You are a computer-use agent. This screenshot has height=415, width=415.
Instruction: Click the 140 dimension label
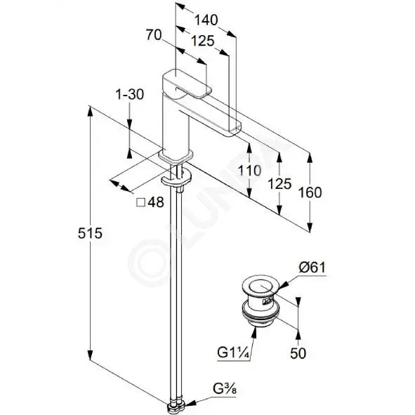[x=206, y=20]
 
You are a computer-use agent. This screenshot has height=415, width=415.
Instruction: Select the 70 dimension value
[x=154, y=35]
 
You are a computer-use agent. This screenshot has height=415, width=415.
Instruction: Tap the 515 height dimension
[x=90, y=233]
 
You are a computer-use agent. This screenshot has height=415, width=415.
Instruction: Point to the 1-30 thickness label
[x=130, y=95]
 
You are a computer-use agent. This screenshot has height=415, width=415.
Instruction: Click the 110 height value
[x=249, y=171]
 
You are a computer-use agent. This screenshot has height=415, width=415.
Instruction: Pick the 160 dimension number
[x=310, y=192]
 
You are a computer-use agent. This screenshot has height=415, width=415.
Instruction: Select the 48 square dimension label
[x=156, y=202]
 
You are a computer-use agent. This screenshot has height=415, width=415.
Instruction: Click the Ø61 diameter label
[x=312, y=268]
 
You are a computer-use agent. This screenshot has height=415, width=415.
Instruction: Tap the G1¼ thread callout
[x=233, y=353]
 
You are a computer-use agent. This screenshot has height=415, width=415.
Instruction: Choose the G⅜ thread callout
[x=225, y=389]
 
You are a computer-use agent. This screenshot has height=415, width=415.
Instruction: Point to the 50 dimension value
[x=298, y=353]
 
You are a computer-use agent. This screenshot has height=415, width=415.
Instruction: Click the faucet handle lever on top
[x=187, y=84]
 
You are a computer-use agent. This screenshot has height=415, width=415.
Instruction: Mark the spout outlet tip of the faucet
[x=235, y=130]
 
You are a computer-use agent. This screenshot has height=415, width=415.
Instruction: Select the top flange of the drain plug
[x=261, y=286]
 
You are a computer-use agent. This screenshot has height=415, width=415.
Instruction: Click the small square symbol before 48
[x=141, y=203]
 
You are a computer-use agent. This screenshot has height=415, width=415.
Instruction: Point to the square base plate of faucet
[x=176, y=157]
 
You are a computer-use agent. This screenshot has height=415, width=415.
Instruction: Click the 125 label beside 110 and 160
[x=279, y=184]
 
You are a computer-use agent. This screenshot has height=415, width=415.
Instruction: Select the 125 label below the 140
[x=203, y=41]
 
